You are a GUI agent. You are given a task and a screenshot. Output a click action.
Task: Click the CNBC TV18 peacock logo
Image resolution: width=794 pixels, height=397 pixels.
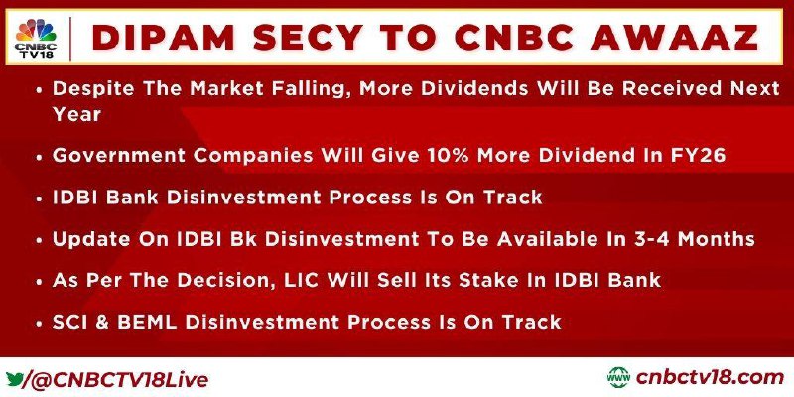coord(36,38)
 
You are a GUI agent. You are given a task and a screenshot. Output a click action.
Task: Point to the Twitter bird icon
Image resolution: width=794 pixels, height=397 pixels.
coord(13,379)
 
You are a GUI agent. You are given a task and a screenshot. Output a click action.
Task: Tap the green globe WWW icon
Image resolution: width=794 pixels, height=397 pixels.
coord(618,378)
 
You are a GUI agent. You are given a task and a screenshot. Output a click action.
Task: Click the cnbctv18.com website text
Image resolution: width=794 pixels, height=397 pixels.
coord(710,378)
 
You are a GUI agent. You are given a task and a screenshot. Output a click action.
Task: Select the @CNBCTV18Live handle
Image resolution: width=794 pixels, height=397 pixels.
coord(120,380)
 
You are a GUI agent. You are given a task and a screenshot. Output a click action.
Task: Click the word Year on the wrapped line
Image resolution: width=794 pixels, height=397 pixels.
coord(77,114)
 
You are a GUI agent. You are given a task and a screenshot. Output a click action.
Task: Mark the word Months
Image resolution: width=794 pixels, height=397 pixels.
coord(721,238)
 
